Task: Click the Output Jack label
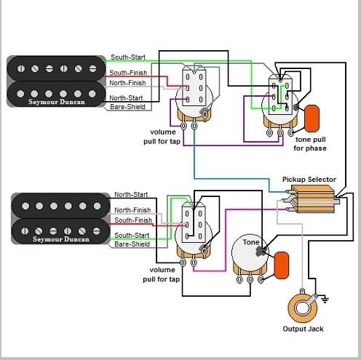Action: pyautogui.click(x=303, y=329)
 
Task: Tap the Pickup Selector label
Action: pyautogui.click(x=309, y=180)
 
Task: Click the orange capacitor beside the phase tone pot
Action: pyautogui.click(x=312, y=119)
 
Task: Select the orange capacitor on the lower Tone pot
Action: pyautogui.click(x=282, y=265)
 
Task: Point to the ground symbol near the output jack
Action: pyautogui.click(x=325, y=300)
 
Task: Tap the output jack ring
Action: pyautogui.click(x=303, y=308)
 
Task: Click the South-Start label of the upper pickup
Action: pyautogui.click(x=128, y=57)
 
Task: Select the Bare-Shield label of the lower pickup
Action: pyautogui.click(x=132, y=244)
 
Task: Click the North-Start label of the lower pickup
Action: pyautogui.click(x=131, y=194)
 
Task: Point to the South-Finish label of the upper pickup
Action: pyautogui.click(x=128, y=73)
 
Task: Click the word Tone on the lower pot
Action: pyautogui.click(x=251, y=242)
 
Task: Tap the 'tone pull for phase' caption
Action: pyautogui.click(x=310, y=144)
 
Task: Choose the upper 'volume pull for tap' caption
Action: pyautogui.click(x=162, y=137)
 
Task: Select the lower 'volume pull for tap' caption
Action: pyautogui.click(x=162, y=274)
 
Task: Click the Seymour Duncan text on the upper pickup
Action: pyautogui.click(x=57, y=102)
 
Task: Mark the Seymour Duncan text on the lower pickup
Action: pyautogui.click(x=61, y=239)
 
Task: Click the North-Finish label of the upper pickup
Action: pyautogui.click(x=127, y=83)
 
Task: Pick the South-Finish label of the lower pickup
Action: pyautogui.click(x=133, y=220)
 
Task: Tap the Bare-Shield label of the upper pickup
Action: pyautogui.click(x=127, y=107)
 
